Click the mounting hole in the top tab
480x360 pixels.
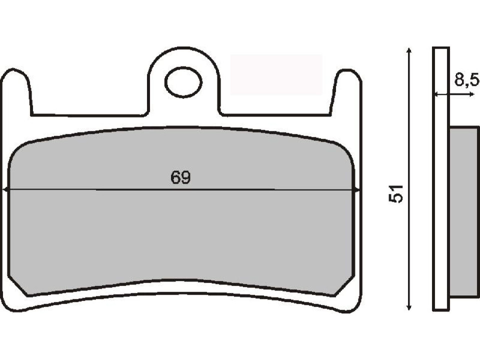click(x=183, y=82)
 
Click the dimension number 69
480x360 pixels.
click(x=180, y=178)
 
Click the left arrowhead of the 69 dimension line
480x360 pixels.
click(x=5, y=189)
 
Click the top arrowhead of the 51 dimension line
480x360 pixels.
click(x=409, y=50)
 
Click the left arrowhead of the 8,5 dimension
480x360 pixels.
click(x=436, y=94)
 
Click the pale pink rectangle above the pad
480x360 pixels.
click(x=276, y=74)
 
